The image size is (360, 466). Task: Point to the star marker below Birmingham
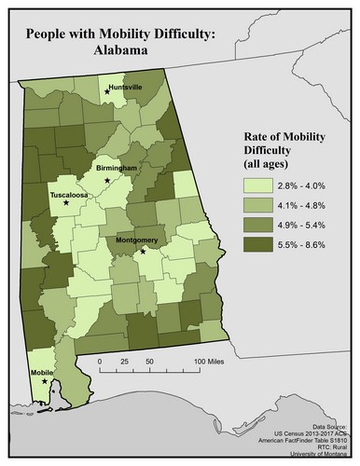(108, 179)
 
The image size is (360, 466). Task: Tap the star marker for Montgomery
(143, 251)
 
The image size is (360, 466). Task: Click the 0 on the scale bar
(100, 360)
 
